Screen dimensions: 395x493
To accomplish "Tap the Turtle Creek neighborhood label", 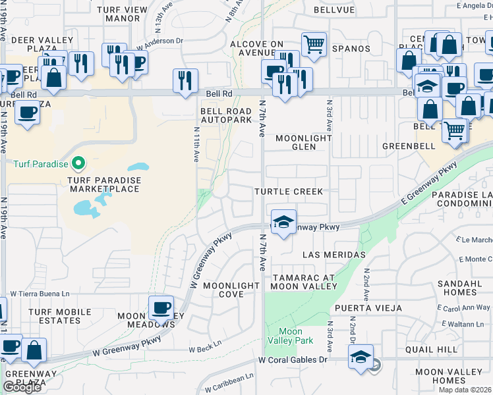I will click(289, 192).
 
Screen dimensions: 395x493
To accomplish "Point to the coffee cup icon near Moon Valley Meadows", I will click(161, 307).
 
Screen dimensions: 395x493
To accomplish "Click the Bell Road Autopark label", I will click(226, 116).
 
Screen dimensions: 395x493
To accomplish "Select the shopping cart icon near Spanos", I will click(314, 45).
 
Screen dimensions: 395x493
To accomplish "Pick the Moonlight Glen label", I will click(303, 142).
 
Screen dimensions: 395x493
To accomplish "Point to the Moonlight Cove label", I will click(231, 290).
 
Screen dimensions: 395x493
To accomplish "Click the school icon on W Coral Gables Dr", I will click(361, 356).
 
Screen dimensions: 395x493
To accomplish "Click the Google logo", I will click(22, 387).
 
